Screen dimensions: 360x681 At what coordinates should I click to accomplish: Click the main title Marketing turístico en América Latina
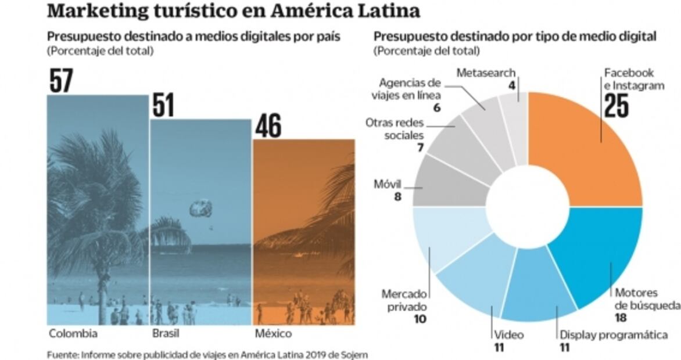pos(233,10)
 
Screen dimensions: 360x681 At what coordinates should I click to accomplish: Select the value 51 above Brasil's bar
pos(163,105)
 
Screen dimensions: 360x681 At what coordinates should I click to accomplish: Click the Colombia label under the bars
pos(73,334)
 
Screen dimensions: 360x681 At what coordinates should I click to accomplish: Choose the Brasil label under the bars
pos(166,334)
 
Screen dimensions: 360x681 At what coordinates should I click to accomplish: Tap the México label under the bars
pos(273,334)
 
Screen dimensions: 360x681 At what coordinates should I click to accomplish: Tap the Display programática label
pos(614,335)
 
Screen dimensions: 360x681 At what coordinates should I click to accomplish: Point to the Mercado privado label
pos(404,300)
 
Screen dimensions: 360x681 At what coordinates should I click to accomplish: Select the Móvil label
pos(389,185)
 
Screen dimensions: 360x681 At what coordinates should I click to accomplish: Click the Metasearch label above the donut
pos(486,73)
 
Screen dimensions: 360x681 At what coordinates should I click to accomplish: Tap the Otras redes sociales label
pos(395,129)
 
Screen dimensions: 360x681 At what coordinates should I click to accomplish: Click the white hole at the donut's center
pos(527,207)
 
